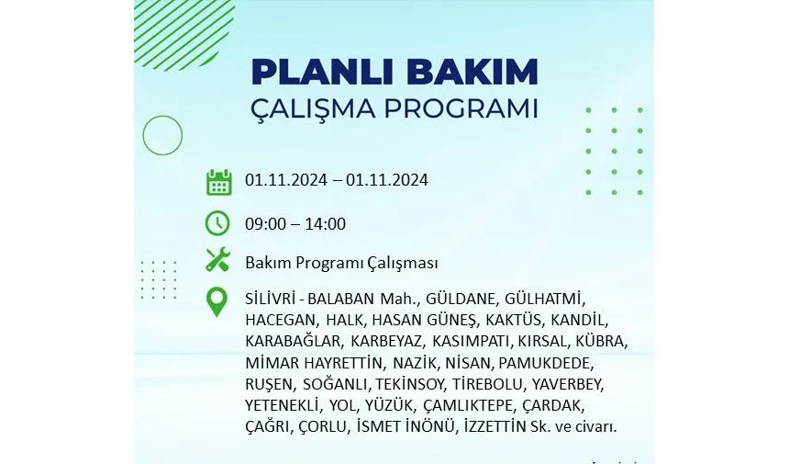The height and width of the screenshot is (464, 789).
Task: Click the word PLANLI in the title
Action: [324, 72]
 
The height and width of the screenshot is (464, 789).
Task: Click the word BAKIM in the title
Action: [473, 72]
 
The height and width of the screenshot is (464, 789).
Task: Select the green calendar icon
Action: [218, 182]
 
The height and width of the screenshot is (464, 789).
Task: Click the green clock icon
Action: [217, 223]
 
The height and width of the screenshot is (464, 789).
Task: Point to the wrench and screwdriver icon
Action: [217, 260]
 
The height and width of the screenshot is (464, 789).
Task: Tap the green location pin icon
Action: [217, 301]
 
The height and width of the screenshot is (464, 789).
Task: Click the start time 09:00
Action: [265, 224]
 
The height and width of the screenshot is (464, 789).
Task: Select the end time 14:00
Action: [325, 224]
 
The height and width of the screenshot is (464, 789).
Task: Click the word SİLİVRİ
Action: [270, 299]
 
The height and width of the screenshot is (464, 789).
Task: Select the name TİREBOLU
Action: [488, 384]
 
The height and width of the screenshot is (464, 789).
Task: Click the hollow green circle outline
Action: [162, 135]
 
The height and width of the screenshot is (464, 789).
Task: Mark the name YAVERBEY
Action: [568, 384]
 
